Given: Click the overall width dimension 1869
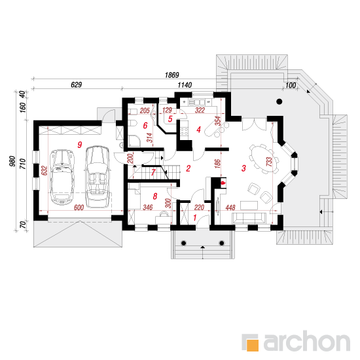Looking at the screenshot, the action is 171,75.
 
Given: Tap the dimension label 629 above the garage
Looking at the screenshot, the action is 76,84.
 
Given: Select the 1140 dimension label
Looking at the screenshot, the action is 185,85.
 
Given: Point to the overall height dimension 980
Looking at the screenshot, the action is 12,161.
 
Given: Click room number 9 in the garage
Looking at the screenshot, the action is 80,145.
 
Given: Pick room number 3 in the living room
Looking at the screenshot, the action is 243,168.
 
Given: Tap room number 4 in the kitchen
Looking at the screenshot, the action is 198,130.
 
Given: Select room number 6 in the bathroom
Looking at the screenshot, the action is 145,126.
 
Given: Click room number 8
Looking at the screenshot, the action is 155,196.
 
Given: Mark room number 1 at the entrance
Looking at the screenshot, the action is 195,217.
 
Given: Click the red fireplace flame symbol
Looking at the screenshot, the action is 223,183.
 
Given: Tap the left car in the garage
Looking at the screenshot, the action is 62,177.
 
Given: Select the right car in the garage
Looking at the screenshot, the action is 98,176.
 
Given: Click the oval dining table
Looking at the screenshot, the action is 263,159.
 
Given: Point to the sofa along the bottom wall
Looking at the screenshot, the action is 249,218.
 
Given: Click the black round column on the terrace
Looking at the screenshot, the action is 279,101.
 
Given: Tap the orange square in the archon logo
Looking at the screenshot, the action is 252,345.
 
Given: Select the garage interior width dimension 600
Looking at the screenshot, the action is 79,207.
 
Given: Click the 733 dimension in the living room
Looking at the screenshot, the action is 269,162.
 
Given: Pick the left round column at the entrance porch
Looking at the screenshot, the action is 183,243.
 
